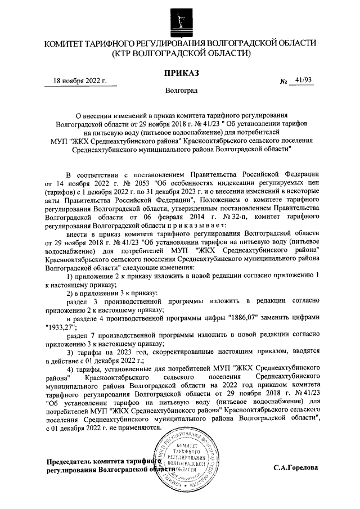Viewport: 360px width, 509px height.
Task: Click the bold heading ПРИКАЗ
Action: coord(181,73)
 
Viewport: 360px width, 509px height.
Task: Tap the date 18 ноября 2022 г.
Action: coord(79,80)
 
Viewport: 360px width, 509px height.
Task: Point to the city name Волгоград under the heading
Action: coord(181,90)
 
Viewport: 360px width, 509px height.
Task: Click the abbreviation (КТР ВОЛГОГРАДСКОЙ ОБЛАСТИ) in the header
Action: coord(180,53)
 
